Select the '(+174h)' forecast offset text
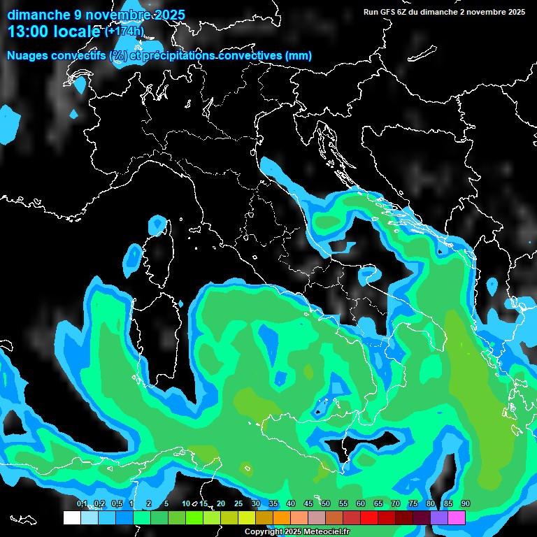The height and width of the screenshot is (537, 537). pyautogui.click(x=124, y=31)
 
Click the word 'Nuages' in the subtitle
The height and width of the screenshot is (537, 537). pyautogui.click(x=27, y=56)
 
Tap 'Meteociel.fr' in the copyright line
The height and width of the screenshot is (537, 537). pyautogui.click(x=326, y=532)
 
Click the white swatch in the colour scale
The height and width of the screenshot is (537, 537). pyautogui.click(x=72, y=518)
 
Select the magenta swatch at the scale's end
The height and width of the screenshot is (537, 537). pyautogui.click(x=457, y=518)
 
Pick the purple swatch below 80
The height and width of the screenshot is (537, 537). pyautogui.click(x=439, y=518)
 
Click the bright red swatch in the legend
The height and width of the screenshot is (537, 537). pyautogui.click(x=369, y=518)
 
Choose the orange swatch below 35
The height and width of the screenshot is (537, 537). pyautogui.click(x=282, y=518)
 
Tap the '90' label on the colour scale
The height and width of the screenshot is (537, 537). pyautogui.click(x=466, y=504)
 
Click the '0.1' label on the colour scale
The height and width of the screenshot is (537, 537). pyautogui.click(x=81, y=504)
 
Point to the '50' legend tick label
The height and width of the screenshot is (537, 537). pyautogui.click(x=326, y=504)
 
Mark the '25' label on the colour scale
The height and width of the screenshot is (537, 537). pyautogui.click(x=238, y=504)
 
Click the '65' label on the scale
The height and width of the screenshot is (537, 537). pyautogui.click(x=378, y=504)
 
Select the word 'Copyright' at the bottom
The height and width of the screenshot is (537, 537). pyautogui.click(x=259, y=532)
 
